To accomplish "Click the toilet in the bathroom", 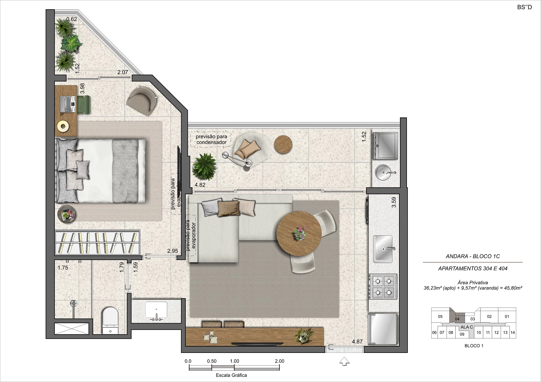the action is tap(110, 320).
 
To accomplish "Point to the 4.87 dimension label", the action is tap(357, 341).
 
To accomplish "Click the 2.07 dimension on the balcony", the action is tap(123, 72).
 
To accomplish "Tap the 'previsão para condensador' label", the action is tap(212, 139).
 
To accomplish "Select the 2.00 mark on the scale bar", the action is tap(280, 361).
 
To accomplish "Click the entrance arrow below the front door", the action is tap(344, 361).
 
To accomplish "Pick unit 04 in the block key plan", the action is tap(457, 319).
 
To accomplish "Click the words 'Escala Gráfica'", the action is tap(231, 375).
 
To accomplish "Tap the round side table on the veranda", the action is tap(283, 144).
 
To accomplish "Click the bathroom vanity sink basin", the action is tap(156, 310).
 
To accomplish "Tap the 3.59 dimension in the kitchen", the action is tap(394, 202).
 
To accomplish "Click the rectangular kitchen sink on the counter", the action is tap(383, 249).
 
